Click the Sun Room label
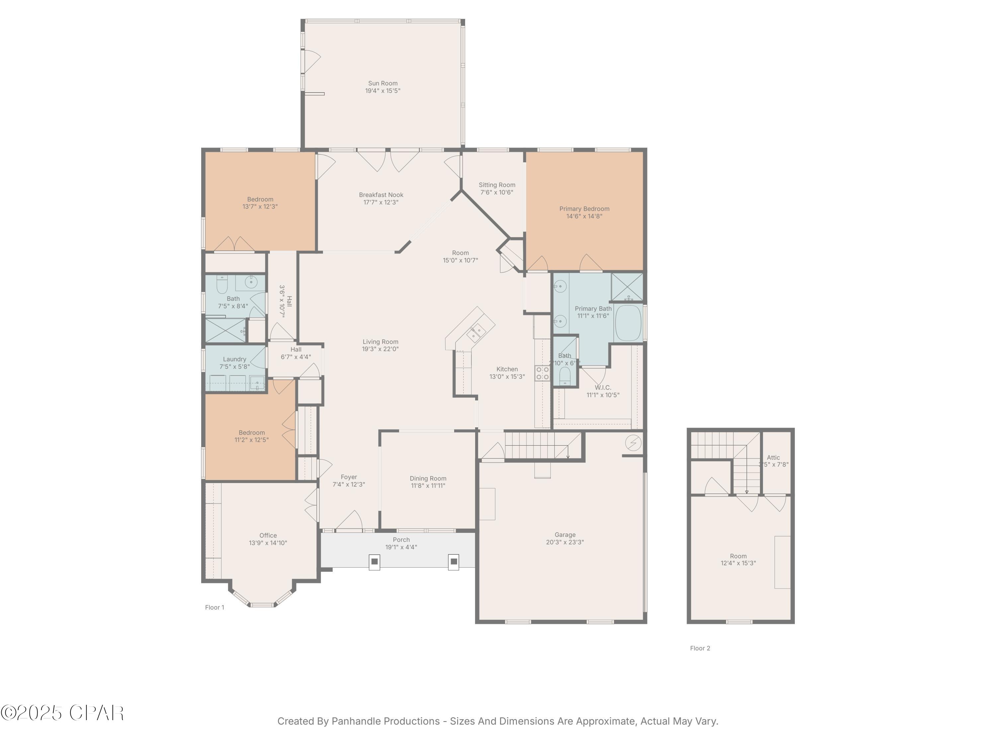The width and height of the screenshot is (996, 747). (x=383, y=83)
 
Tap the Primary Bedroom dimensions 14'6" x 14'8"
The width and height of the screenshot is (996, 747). (x=584, y=216)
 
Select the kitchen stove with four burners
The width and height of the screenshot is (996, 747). (x=542, y=373)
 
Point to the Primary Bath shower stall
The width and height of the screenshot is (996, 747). (x=627, y=287)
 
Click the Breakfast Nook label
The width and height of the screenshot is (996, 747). (x=381, y=195)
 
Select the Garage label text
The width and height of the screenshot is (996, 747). (x=565, y=535)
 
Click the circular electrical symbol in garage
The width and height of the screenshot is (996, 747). (x=633, y=443)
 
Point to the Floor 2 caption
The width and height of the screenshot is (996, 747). (x=700, y=648)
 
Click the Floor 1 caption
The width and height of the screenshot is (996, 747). (x=214, y=608)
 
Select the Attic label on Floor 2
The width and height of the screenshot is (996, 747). (x=773, y=457)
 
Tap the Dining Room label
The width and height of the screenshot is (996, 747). (x=428, y=479)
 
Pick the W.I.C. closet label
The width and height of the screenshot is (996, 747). (x=603, y=388)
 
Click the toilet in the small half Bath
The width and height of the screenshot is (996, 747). (x=565, y=375)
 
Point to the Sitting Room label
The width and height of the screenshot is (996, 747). (x=497, y=185)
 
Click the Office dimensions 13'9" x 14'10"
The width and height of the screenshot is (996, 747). (x=268, y=543)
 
